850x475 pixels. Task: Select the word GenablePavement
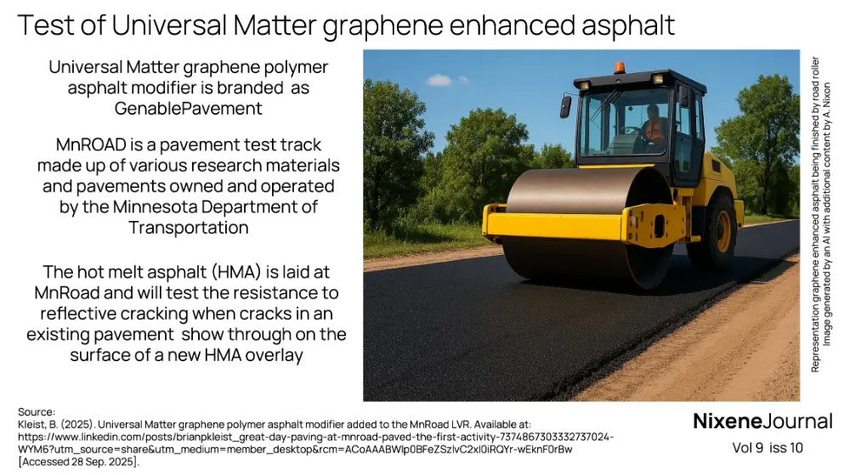click(x=189, y=108)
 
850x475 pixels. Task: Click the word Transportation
click(x=189, y=228)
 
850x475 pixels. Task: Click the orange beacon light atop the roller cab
click(x=619, y=67)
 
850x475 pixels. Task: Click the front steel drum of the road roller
click(x=578, y=225)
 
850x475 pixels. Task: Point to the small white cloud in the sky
click(x=439, y=81)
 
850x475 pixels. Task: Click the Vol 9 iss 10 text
click(x=767, y=448)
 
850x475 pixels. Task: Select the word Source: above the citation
click(x=37, y=412)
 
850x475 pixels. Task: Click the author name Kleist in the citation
click(x=32, y=424)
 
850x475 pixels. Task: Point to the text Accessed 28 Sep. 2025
click(x=78, y=461)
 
